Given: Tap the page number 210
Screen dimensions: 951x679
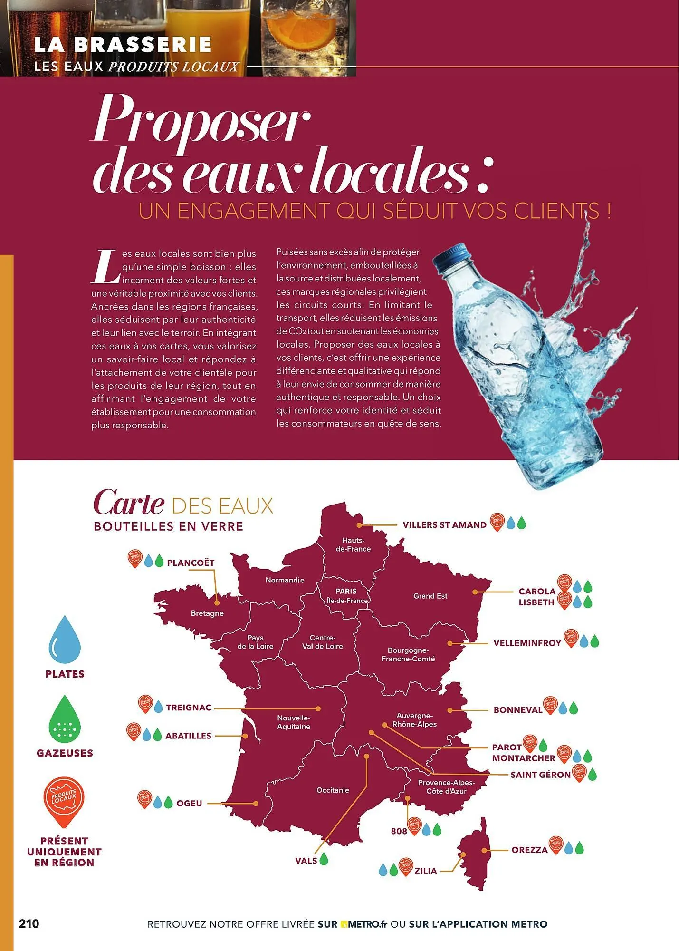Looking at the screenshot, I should [29, 924].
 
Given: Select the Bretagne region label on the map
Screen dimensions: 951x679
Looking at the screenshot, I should [207, 613].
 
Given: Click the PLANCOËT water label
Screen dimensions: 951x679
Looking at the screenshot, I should [191, 563].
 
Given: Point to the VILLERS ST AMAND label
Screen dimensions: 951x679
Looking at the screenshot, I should [444, 525].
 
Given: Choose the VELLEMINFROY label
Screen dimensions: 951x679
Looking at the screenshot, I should [527, 643].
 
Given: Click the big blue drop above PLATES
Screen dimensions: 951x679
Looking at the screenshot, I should [65, 638].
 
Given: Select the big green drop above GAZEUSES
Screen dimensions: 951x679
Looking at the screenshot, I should [65, 718].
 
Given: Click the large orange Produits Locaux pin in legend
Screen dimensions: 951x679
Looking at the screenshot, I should [64, 801].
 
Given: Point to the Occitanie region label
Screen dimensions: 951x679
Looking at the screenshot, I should [333, 790].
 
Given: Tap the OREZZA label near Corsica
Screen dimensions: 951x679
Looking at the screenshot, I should [529, 850].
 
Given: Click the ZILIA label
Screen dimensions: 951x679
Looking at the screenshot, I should [425, 871].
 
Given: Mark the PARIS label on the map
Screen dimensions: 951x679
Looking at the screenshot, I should [346, 592].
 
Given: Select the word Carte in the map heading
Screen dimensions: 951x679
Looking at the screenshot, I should [129, 504].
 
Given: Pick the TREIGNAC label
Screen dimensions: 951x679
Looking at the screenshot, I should [189, 708].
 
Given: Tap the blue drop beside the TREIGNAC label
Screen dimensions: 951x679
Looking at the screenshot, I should [158, 707].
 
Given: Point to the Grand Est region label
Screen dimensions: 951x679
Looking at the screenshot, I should [430, 596].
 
